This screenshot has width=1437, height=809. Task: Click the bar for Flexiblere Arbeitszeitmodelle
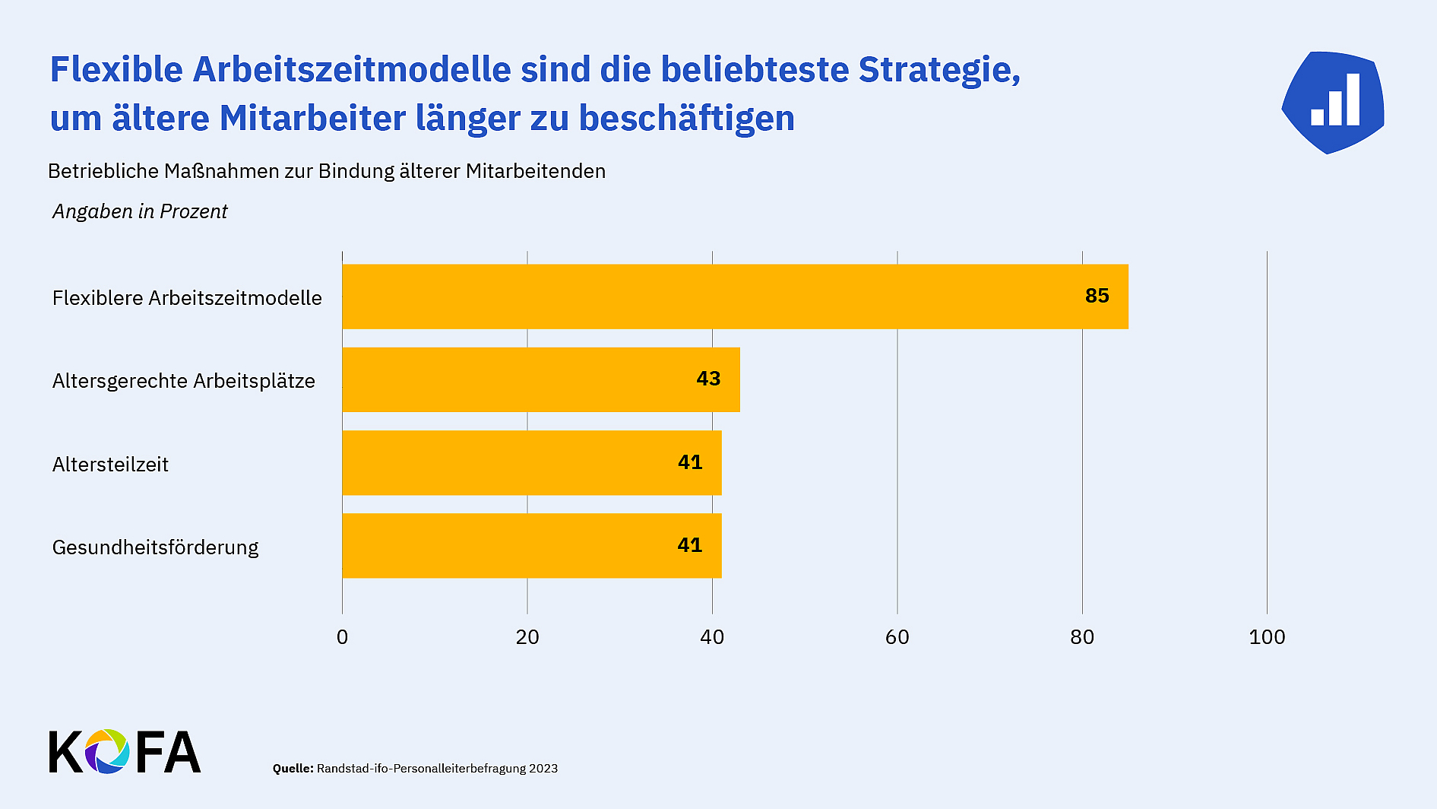[735, 297]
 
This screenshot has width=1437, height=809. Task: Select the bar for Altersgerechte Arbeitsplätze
[540, 379]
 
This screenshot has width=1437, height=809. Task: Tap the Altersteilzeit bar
[531, 462]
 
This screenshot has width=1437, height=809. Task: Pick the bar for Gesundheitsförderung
[531, 545]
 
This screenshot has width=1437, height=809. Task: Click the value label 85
[1097, 296]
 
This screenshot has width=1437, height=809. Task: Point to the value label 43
[708, 379]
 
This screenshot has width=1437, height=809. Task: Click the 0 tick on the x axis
[342, 637]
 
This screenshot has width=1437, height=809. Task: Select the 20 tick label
[527, 637]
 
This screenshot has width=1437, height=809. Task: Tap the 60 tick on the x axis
[897, 637]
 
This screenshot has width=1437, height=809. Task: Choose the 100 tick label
[1267, 637]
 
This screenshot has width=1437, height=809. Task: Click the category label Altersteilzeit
[110, 465]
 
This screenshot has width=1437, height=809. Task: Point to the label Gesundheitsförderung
[155, 547]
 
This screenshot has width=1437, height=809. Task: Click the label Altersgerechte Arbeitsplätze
[183, 381]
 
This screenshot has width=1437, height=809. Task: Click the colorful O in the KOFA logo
[107, 751]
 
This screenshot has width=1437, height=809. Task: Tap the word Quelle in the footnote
[293, 769]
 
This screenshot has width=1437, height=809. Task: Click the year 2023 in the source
[543, 769]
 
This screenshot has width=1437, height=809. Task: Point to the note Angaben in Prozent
[140, 211]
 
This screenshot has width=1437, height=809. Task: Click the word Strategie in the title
[938, 70]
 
